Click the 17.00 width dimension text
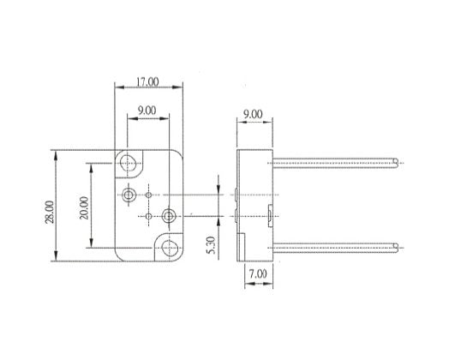pyautogui.click(x=147, y=82)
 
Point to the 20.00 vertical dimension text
pyautogui.click(x=82, y=207)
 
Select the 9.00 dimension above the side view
pyautogui.click(x=252, y=113)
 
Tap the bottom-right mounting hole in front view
pyautogui.click(x=168, y=249)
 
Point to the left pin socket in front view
pyautogui.click(x=129, y=195)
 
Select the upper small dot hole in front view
pyautogui.click(x=149, y=195)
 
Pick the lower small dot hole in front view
pyautogui.click(x=149, y=216)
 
